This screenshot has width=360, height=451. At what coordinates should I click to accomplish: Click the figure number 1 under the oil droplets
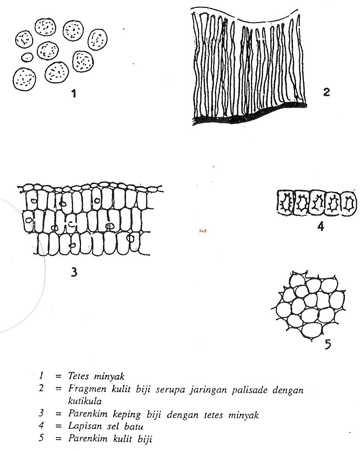click(x=74, y=93)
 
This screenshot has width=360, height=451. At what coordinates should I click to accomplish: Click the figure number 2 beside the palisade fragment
click(x=326, y=92)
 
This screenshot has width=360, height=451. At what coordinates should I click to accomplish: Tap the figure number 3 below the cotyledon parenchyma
click(x=74, y=272)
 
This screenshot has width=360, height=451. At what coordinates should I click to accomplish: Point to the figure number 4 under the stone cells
click(x=320, y=226)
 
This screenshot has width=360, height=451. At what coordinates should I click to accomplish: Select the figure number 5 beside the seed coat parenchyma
click(x=328, y=344)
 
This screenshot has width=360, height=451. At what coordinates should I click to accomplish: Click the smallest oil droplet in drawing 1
click(x=27, y=57)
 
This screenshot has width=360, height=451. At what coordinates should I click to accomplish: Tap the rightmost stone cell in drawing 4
click(x=349, y=203)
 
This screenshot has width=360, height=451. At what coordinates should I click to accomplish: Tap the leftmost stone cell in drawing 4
click(x=285, y=202)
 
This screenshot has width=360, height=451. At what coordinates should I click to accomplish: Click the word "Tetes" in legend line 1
click(x=79, y=376)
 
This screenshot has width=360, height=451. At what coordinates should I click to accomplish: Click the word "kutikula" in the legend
click(x=85, y=401)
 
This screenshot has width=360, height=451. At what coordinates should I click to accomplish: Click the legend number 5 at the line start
click(x=42, y=438)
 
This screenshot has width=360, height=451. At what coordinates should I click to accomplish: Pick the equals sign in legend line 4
click(x=59, y=426)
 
